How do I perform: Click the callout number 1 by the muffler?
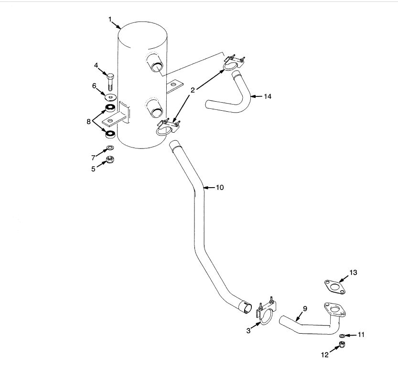click(x=110, y=19)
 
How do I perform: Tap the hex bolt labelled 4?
click(x=110, y=82)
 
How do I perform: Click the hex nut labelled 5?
click(x=110, y=159)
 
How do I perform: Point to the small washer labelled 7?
click(x=110, y=148)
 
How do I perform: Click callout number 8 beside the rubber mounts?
click(x=88, y=122)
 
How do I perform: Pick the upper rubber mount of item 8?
click(x=110, y=107)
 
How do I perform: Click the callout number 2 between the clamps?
click(x=193, y=90)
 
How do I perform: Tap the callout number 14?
click(x=268, y=96)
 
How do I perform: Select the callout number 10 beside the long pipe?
click(x=220, y=188)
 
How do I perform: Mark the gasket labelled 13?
click(x=335, y=287)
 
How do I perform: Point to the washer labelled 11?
click(x=342, y=336)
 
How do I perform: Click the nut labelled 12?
click(x=342, y=344)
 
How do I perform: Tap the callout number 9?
click(x=305, y=309)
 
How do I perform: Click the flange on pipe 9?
click(x=335, y=309)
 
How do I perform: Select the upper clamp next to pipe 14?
click(x=234, y=63)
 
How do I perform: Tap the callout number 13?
click(x=353, y=273)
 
